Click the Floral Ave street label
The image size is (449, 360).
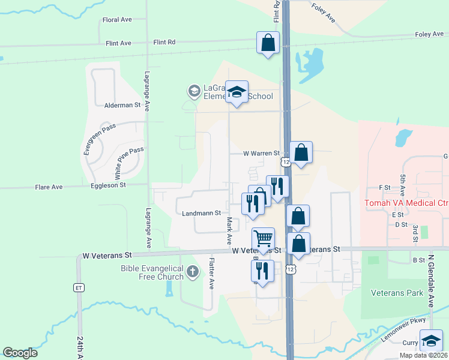click(117, 20)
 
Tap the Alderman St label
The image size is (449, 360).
click(122, 105)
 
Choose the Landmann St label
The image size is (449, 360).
click(201, 212)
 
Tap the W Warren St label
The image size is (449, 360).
click(262, 154)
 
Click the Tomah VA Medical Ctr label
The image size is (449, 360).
click(406, 203)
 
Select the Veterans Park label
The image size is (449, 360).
click(397, 293)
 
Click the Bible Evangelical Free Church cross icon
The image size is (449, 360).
click(192, 272)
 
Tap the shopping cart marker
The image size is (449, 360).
click(263, 238)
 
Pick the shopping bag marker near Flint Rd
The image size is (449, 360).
click(268, 43)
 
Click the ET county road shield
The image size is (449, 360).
click(79, 287)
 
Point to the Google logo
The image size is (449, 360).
click(20, 353)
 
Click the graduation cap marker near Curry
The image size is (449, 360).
click(430, 340)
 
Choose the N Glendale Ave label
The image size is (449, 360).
click(430, 281)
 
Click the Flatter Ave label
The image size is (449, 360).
click(211, 274)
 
